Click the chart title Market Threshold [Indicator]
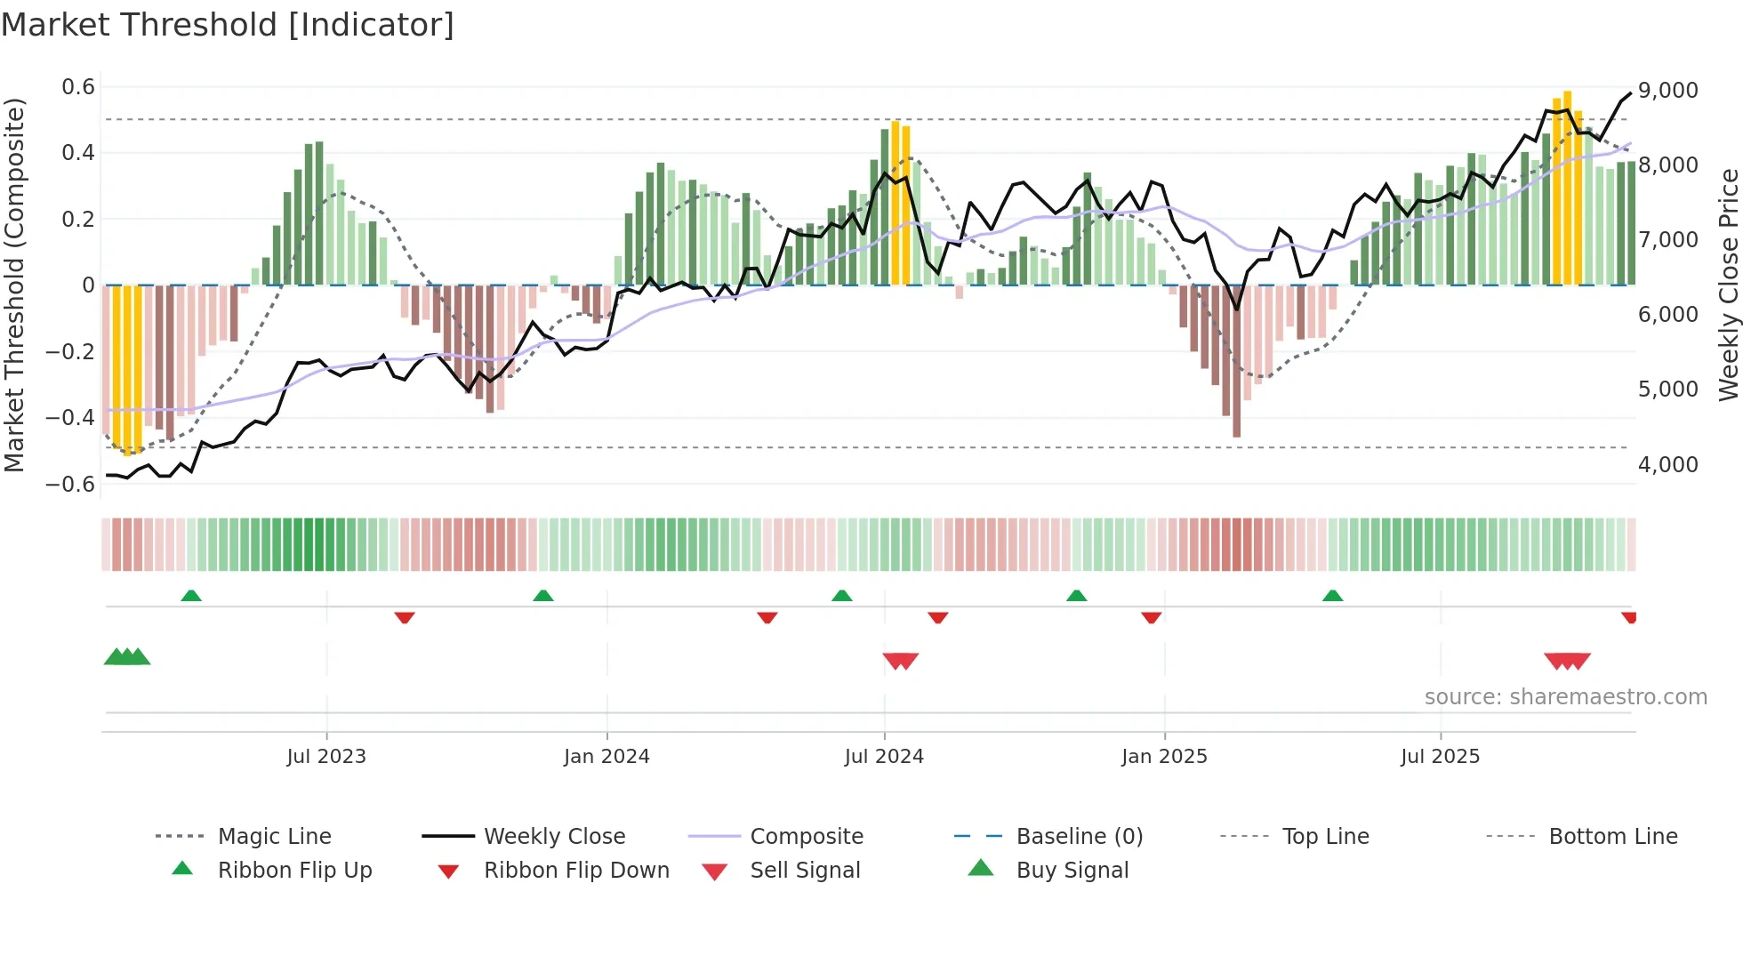tap(228, 25)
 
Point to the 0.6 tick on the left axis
tap(77, 87)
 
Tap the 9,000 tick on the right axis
tap(1667, 90)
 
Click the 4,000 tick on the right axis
tap(1667, 464)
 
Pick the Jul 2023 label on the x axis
tap(326, 756)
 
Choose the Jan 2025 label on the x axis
tap(1164, 756)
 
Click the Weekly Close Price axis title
tap(1728, 285)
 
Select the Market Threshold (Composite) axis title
tap(14, 285)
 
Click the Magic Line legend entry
tap(274, 836)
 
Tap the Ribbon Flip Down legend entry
tap(576, 870)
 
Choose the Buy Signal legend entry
tap(1072, 870)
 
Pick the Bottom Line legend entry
tap(1612, 836)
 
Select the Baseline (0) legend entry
tap(1079, 836)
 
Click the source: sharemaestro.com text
tap(1565, 696)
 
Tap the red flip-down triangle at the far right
tap(1628, 617)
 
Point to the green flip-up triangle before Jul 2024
tap(841, 596)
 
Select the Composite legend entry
tap(806, 836)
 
